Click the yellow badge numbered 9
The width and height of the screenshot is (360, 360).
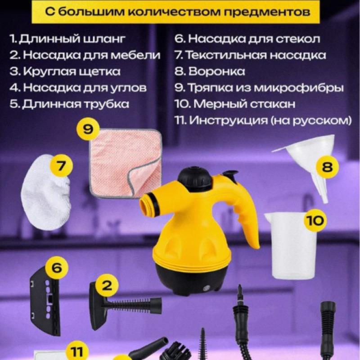[88, 129]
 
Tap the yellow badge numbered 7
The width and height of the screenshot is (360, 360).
[62, 166]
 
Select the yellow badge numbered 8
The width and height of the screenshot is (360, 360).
[328, 166]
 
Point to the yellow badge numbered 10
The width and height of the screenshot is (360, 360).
[315, 220]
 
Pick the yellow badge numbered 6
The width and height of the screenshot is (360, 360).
[57, 267]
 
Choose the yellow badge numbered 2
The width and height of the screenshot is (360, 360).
[107, 286]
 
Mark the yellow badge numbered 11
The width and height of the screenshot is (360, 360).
[76, 352]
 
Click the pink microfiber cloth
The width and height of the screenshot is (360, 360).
[126, 163]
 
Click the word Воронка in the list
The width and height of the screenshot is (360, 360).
[216, 72]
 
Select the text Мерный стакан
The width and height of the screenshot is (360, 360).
[244, 104]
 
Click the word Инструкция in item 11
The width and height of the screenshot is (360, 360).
[228, 120]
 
